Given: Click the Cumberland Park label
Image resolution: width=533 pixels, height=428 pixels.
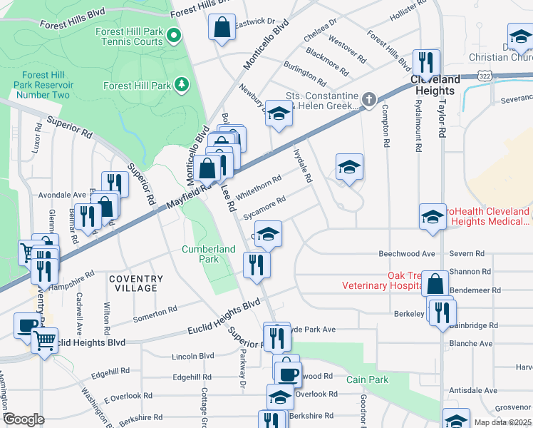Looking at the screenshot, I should coord(208,254).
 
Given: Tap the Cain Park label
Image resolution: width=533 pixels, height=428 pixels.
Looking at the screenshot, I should coord(368,379).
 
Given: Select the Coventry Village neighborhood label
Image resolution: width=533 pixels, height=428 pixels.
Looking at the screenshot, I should coord(133,282).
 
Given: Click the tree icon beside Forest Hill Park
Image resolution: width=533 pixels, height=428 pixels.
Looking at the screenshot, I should coord(182,86).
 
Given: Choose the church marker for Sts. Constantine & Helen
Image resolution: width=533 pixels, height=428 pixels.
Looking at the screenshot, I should coord(368,101).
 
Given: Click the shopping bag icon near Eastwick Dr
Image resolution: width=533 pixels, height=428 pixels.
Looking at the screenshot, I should coord(222,29).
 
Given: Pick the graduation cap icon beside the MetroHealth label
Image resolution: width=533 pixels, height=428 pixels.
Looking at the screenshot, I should coord(433,216).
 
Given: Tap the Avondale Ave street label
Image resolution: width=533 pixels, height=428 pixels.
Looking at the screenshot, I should coord(61,194).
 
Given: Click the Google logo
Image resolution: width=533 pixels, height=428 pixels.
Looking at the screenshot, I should coord(24,419).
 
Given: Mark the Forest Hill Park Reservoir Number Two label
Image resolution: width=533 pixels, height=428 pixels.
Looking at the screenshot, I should coord(46,85).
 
